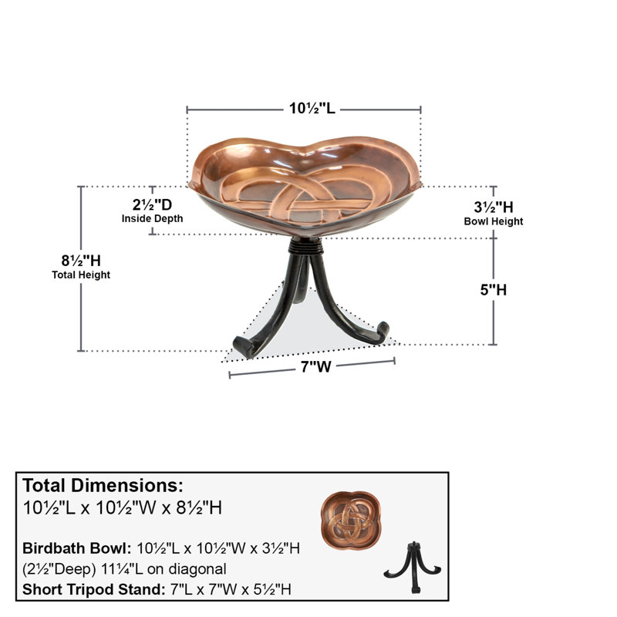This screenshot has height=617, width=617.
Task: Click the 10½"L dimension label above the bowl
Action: pos(312,108)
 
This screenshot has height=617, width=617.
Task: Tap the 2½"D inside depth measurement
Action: pos(152,204)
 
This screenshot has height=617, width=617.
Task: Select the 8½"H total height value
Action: pos(81,261)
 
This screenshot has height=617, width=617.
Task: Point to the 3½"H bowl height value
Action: pos(494,207)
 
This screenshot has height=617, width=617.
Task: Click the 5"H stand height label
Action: pos(494,290)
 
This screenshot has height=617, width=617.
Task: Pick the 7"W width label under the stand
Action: pos(316,367)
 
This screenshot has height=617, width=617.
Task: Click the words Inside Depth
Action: pos(152,219)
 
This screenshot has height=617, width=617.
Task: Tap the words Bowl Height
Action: pos(494,221)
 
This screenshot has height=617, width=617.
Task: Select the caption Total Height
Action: pos(81,275)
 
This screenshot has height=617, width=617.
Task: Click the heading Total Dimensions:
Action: pos(103,486)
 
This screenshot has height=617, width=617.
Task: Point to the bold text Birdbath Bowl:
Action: pos(76,548)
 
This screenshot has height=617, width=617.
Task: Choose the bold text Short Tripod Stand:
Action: pos(93,589)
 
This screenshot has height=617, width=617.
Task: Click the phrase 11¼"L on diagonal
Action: pos(164,569)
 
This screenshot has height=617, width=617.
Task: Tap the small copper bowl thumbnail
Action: pos(351,520)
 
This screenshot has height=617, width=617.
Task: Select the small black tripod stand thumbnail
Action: pos(413,567)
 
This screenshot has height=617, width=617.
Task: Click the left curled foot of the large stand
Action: pos(244,346)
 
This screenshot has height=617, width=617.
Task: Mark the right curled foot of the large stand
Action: pos(381,332)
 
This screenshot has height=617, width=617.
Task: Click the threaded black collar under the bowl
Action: pos(305,247)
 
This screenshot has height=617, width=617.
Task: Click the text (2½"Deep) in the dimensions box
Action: pos(59,569)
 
